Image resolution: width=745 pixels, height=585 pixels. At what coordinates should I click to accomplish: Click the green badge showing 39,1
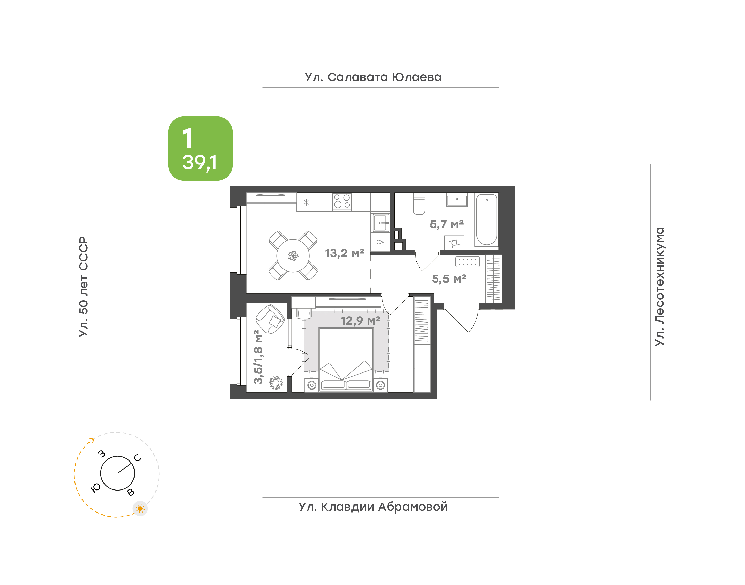click(200, 148)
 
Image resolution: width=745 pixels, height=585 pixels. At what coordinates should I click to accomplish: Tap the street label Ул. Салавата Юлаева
click(373, 77)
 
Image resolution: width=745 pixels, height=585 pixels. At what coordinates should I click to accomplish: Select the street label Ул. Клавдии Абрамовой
click(373, 507)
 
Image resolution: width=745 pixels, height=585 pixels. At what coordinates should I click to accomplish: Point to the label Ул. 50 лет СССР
click(84, 286)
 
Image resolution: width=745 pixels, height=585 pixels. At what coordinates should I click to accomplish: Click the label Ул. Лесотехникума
click(659, 286)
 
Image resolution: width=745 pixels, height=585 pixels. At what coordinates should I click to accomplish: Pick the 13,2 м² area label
click(345, 253)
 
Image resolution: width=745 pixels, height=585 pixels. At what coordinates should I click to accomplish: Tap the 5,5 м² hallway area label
click(449, 279)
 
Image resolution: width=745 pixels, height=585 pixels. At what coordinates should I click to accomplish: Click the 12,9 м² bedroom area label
click(361, 321)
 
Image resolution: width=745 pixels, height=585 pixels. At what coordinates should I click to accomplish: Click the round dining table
click(293, 255)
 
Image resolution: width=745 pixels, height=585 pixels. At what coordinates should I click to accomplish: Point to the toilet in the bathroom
click(419, 203)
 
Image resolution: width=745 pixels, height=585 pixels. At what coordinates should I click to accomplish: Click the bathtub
click(487, 220)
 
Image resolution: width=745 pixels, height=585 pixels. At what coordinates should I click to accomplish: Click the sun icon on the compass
click(140, 509)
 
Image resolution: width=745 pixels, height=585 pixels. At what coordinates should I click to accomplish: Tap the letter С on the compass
click(138, 458)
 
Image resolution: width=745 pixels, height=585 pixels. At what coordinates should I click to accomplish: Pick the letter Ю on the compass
click(95, 488)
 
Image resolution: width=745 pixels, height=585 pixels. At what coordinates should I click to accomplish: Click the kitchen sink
click(381, 223)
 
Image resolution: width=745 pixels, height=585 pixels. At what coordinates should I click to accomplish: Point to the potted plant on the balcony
click(276, 383)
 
